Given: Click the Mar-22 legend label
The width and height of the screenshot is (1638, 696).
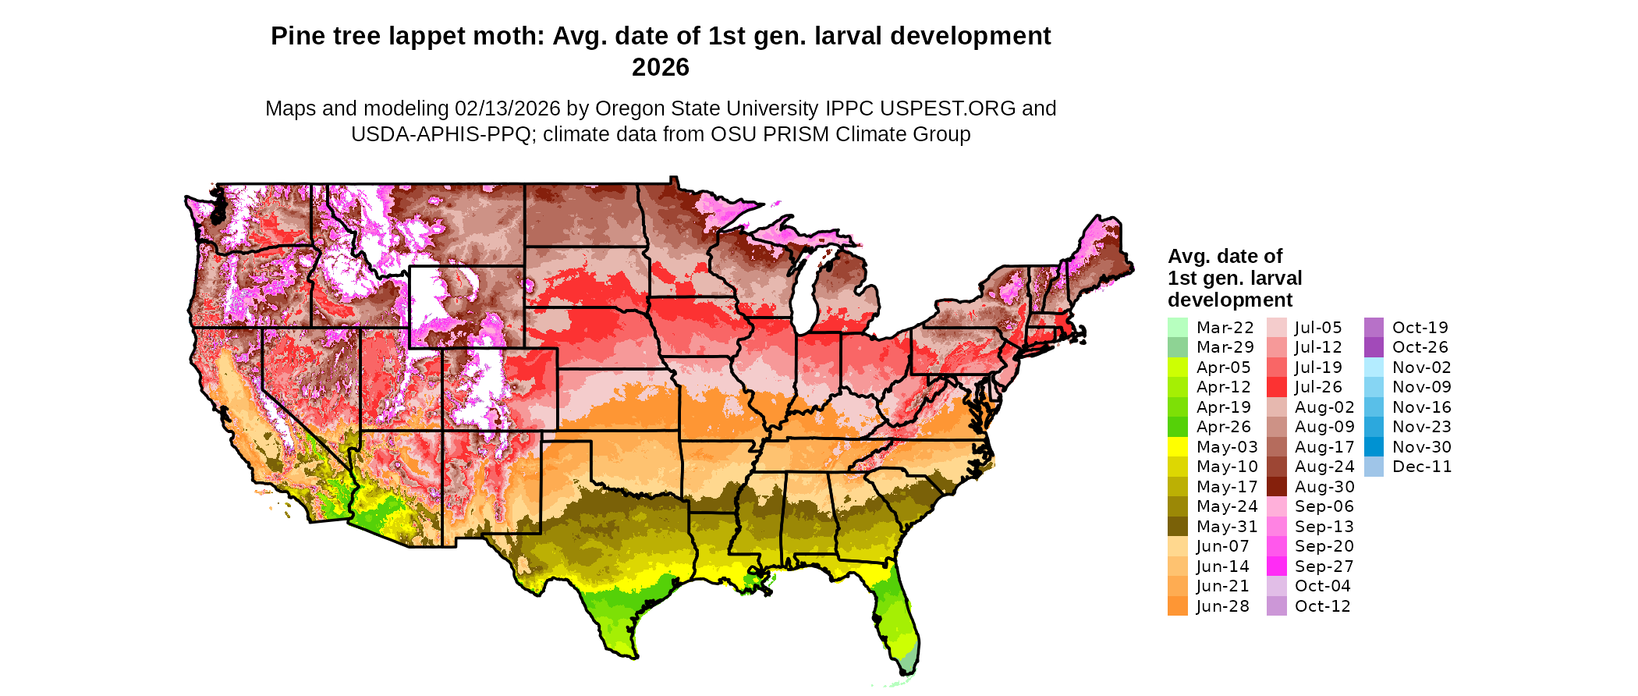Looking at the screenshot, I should click(1225, 328).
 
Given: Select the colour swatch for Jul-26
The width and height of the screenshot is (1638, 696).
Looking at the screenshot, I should click(1276, 387).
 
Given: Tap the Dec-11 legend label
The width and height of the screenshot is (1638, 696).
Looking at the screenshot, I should click(1421, 467).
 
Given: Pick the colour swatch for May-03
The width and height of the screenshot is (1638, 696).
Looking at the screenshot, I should click(1178, 447).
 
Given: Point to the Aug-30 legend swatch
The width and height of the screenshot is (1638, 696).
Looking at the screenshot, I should click(1276, 487).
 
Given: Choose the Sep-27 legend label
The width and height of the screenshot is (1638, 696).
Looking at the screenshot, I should click(1324, 566).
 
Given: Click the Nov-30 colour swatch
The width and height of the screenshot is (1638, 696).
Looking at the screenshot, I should click(1374, 447).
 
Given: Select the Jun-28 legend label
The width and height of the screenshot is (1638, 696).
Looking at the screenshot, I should click(1222, 606).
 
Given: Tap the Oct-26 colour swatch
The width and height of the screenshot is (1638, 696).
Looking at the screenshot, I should click(1374, 347).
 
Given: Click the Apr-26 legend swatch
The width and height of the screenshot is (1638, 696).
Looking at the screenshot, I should click(1178, 427).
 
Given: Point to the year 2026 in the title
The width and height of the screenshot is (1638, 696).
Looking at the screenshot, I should click(660, 68).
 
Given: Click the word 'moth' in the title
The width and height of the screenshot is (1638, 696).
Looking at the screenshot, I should click(509, 37).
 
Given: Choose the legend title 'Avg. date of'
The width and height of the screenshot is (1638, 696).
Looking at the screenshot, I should click(1225, 256).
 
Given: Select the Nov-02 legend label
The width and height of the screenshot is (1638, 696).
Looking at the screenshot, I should click(1421, 368).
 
